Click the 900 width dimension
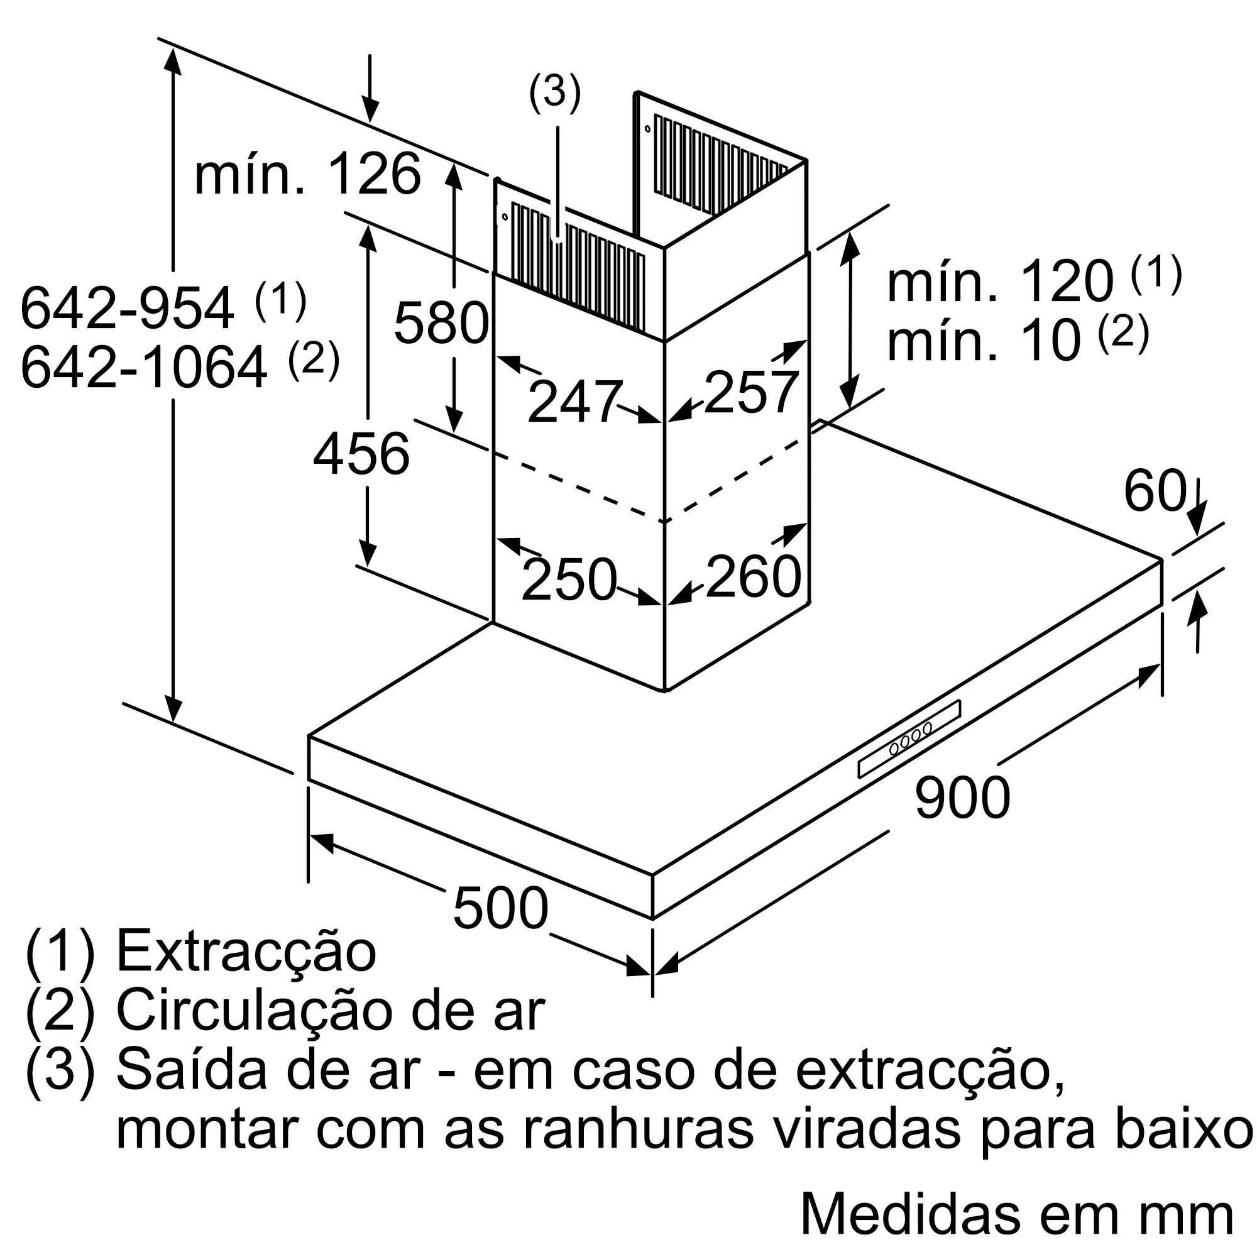[x=962, y=798]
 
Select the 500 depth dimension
[x=500, y=908]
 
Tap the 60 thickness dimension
[x=1155, y=491]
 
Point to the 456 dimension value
[x=362, y=454]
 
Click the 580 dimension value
[x=441, y=322]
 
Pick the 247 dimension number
[x=574, y=402]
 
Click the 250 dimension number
[x=569, y=579]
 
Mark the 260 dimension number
[x=753, y=576]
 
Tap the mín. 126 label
[x=308, y=174]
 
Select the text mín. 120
[x=1000, y=282]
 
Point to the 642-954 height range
[x=127, y=308]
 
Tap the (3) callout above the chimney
[x=554, y=91]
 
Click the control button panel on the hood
[x=909, y=738]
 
